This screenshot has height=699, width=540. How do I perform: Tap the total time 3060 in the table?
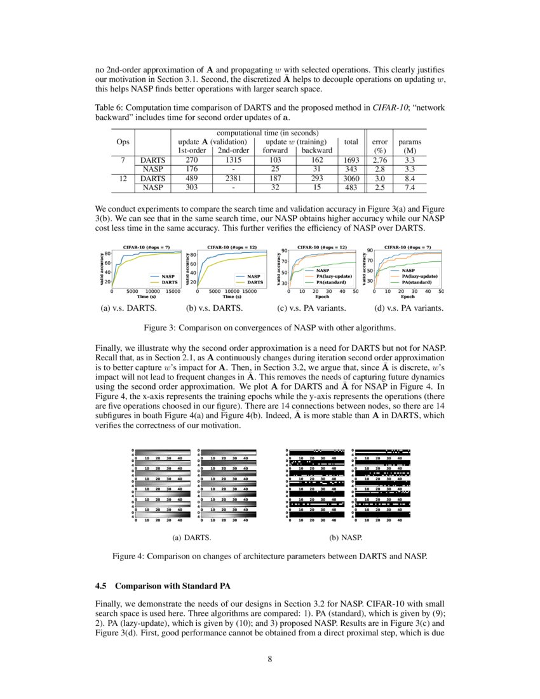coord(350,179)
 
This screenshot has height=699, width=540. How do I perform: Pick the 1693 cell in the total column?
coord(350,160)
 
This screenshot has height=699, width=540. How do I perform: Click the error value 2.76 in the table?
coord(380,160)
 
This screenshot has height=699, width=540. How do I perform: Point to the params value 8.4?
coord(410,179)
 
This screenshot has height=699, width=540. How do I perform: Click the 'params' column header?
coord(410,142)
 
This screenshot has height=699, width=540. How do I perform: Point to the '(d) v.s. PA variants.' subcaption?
coord(410,308)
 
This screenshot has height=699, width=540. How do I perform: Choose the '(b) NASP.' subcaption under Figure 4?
coord(346,538)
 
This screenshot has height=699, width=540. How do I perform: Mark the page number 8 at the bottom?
coord(270,658)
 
